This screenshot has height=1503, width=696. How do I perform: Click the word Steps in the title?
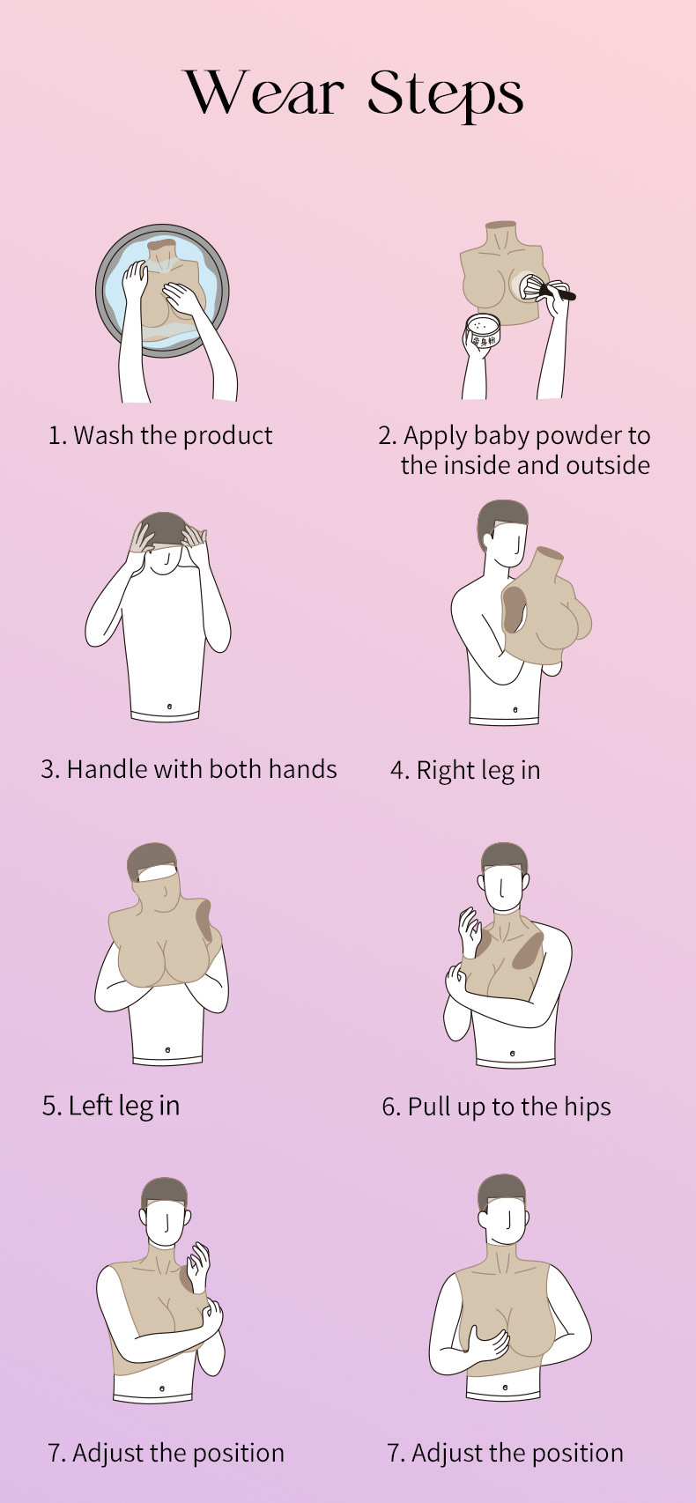tap(446, 94)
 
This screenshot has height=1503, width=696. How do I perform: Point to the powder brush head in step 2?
tap(530, 287)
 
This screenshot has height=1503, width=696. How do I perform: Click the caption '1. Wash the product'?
tap(160, 435)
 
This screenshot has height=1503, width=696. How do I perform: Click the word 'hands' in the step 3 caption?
tap(303, 769)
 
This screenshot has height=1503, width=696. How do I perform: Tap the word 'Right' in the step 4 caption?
tap(447, 770)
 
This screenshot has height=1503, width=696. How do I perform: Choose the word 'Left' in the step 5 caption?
tap(90, 1106)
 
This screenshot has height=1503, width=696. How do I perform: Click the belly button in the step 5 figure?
tap(167, 1049)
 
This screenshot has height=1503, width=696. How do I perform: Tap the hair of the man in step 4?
tap(501, 519)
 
